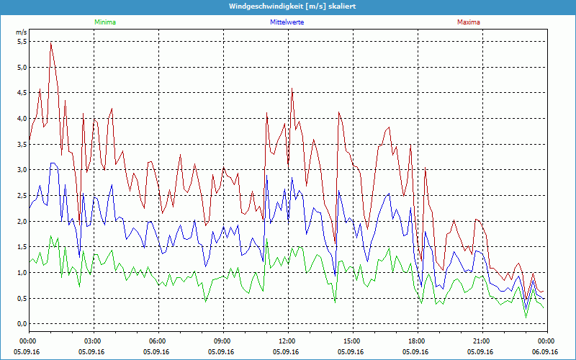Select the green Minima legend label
point(104,22)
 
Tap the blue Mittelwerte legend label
point(287,22)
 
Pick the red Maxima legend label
point(468,22)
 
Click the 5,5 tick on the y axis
point(21,42)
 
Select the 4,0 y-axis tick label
point(21,119)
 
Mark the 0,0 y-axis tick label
point(21,324)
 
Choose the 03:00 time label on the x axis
point(93,341)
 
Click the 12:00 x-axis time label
point(287,341)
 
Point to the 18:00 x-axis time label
point(416,341)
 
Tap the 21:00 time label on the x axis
point(481,341)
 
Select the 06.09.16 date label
point(546,351)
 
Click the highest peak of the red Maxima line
point(50,42)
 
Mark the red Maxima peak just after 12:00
point(292,89)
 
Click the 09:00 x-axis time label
point(222,341)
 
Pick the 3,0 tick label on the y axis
point(21,170)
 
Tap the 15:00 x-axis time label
point(351,341)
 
